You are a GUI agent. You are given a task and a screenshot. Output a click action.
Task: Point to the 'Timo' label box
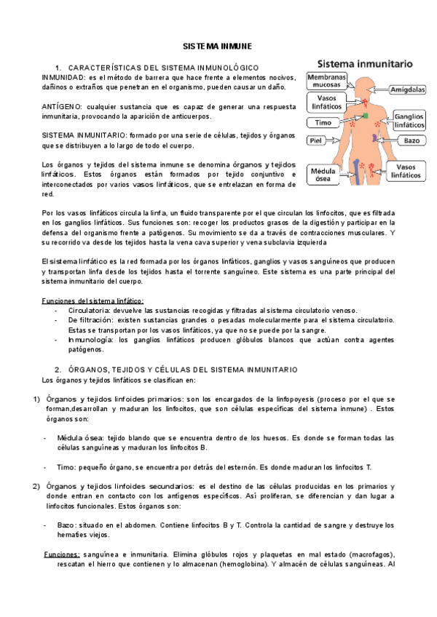point(323,123)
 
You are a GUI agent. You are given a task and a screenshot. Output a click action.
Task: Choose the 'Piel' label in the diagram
point(315,140)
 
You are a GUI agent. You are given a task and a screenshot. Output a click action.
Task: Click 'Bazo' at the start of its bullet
point(67,525)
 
